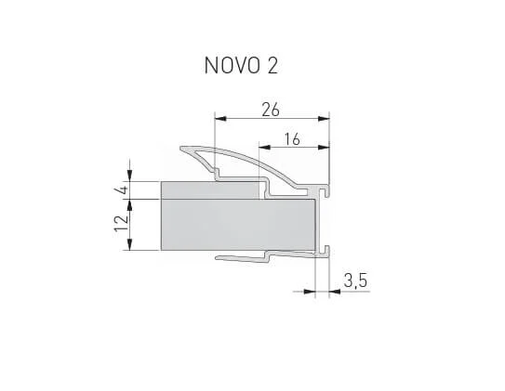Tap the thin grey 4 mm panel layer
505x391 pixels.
tap(209, 189)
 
